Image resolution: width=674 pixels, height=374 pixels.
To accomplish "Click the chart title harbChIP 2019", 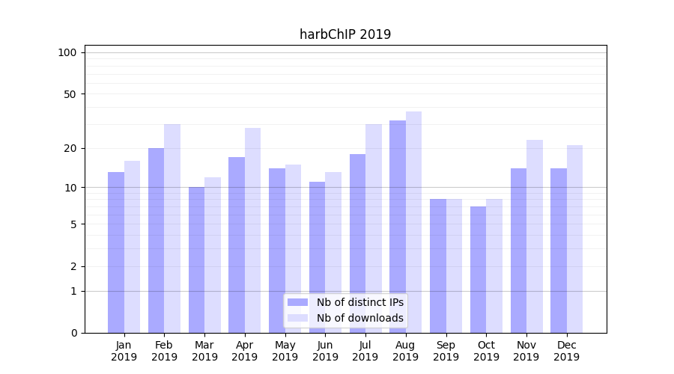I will point(345,34).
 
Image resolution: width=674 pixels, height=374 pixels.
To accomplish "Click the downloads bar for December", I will point(574,239).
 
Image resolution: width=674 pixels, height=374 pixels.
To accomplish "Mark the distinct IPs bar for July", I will point(357,243).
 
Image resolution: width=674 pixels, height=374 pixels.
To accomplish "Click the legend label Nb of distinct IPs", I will point(360,302).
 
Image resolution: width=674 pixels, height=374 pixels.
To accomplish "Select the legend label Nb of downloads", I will point(360,318).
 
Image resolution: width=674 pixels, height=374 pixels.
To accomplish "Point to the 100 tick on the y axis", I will point(67,52).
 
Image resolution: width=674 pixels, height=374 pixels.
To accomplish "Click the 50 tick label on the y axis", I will point(70,94).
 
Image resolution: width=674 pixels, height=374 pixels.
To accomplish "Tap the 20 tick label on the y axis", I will point(70,148).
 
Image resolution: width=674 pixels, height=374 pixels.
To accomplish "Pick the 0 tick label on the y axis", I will point(73,333).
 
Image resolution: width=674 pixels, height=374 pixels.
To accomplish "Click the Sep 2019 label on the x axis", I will point(446,351).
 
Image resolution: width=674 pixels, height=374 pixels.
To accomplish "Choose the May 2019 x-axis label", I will point(285,351).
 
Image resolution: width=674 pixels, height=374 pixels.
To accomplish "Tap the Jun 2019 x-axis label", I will point(325,351).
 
